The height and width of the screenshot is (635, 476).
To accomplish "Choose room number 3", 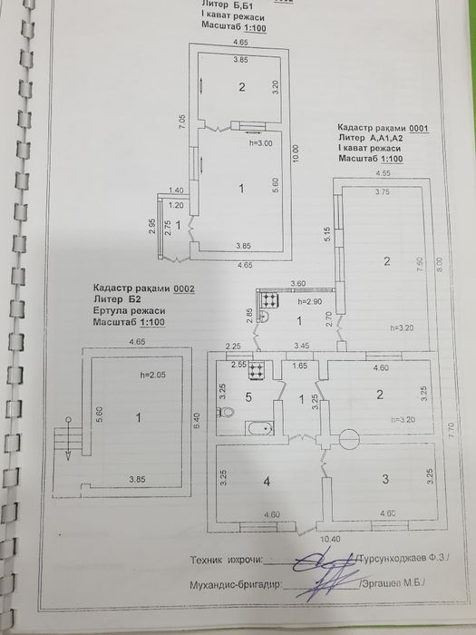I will pos(385,479).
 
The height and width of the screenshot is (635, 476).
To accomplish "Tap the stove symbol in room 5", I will pos(256,370).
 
